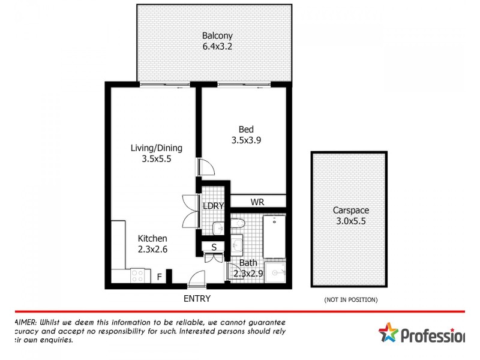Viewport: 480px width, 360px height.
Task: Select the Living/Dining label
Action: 157,148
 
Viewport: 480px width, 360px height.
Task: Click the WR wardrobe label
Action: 257,202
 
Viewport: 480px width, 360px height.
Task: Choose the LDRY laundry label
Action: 213,206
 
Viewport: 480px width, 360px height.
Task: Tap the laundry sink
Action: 218,228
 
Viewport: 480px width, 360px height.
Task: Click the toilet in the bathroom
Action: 238,224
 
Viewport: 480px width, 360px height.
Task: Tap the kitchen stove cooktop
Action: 137,275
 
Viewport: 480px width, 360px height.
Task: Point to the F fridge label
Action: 159,277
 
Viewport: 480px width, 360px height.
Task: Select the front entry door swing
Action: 196,279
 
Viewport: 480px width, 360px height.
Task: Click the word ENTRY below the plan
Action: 197,298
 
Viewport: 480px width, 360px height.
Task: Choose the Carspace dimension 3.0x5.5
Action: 350,221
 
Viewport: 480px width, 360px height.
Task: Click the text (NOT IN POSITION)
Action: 350,299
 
